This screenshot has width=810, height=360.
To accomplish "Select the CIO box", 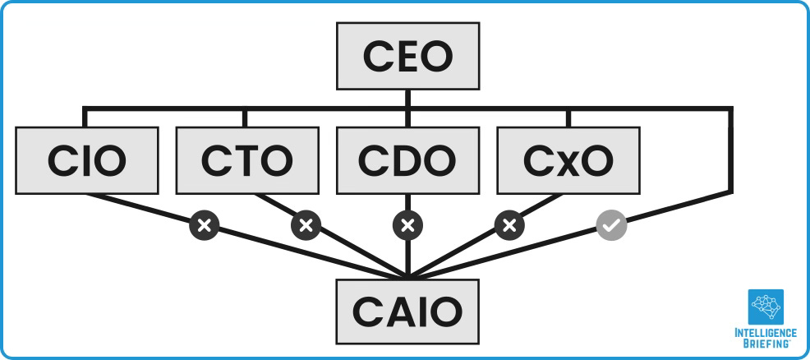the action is click(x=87, y=159).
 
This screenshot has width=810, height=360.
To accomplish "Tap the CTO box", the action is click(x=246, y=159).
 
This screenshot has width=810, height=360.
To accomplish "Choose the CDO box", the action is click(x=407, y=159).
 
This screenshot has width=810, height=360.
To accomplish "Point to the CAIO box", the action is click(x=407, y=310).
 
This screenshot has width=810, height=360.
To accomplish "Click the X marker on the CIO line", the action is click(x=205, y=224).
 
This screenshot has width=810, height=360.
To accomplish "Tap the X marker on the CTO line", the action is click(x=306, y=224).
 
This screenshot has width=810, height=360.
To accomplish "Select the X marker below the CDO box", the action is click(x=407, y=224).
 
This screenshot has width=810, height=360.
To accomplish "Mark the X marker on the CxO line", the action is click(x=509, y=224).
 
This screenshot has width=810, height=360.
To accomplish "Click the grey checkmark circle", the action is click(x=611, y=224).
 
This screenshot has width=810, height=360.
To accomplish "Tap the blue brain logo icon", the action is click(x=766, y=307).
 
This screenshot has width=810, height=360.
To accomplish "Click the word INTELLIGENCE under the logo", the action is click(x=766, y=333).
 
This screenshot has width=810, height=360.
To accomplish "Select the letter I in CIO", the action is click(x=88, y=160).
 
